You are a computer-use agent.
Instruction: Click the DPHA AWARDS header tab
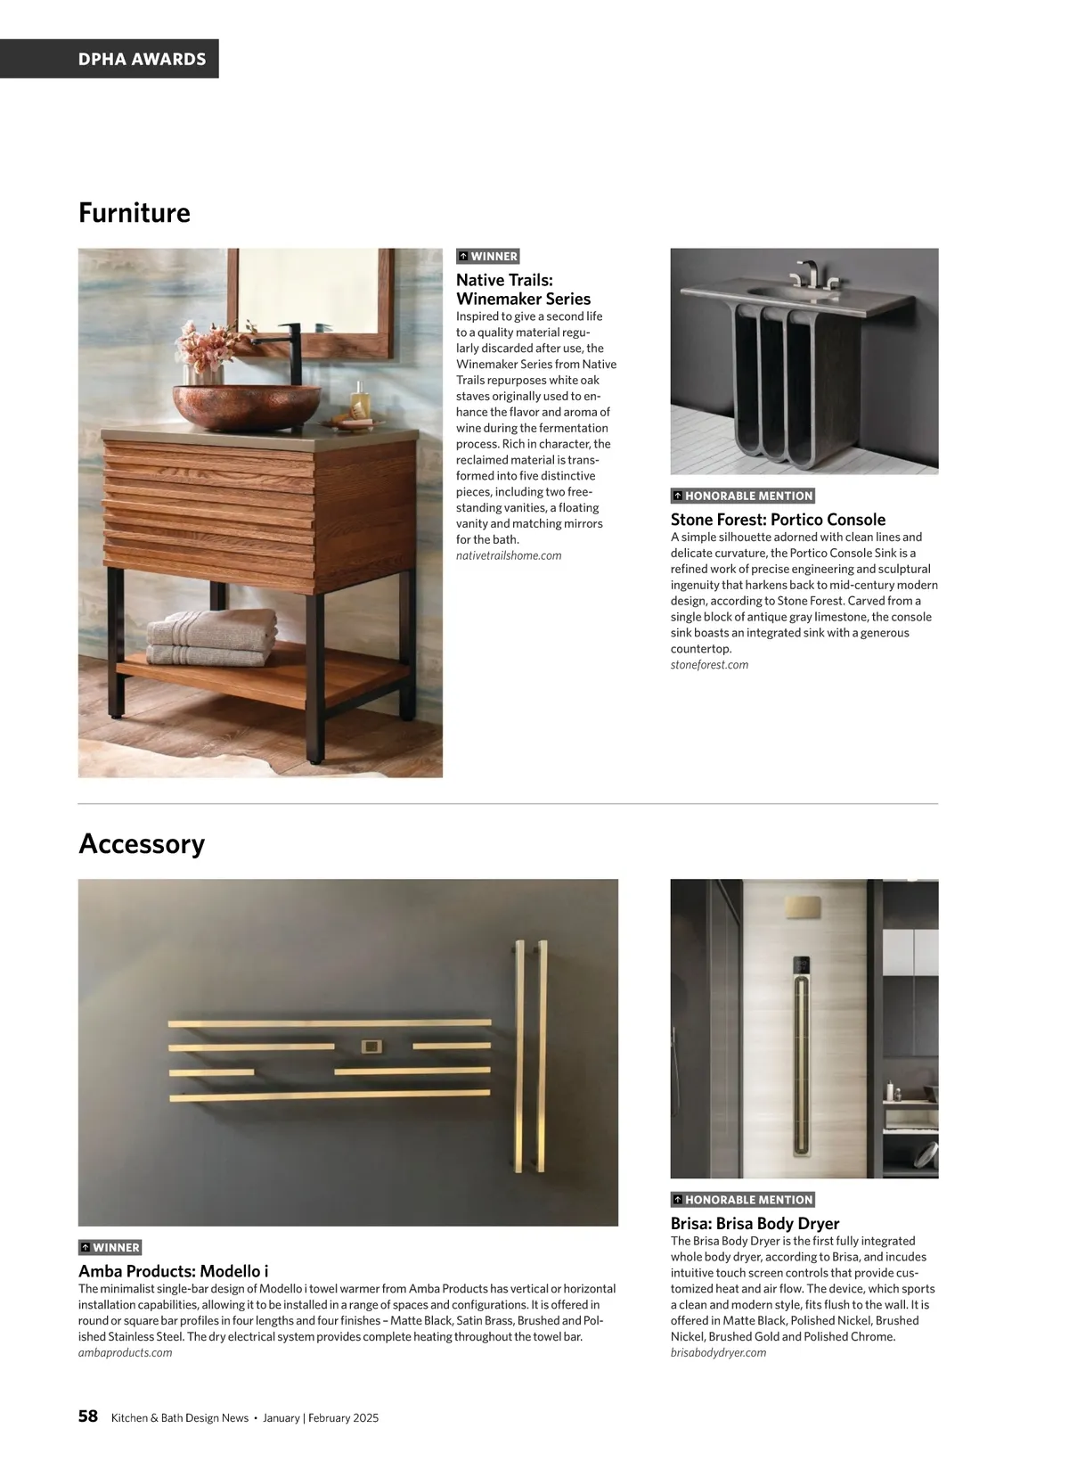coord(142,59)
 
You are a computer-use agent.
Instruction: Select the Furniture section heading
coord(135,212)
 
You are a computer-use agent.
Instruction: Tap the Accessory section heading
coord(142,843)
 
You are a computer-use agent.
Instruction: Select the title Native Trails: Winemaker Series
coord(523,290)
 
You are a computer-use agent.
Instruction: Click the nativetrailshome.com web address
coord(509,555)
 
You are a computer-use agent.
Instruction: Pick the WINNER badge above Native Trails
coord(487,256)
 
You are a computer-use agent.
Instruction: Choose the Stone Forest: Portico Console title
coord(778,520)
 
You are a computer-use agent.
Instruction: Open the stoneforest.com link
coord(709,664)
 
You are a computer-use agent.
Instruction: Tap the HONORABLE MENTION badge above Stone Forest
coord(743,496)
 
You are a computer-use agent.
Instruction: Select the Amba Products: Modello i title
coord(173,1271)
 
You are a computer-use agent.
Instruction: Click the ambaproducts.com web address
coord(126,1352)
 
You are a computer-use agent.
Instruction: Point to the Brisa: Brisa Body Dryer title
coord(755,1223)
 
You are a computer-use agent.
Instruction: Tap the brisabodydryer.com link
coord(718,1352)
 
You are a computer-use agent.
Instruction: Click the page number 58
coord(88,1416)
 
